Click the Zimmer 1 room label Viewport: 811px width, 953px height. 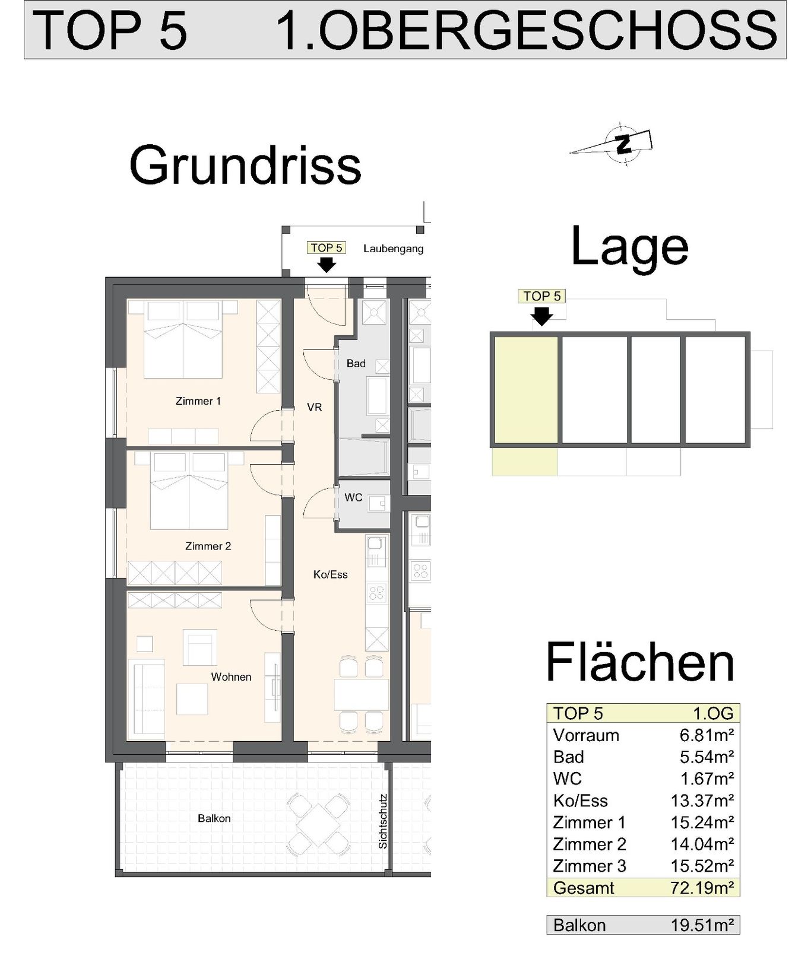(198, 401)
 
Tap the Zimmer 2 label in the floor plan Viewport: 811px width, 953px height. (208, 546)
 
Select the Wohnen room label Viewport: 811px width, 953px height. (231, 676)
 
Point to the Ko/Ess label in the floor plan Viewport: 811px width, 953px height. (330, 574)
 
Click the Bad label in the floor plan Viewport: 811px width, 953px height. (356, 363)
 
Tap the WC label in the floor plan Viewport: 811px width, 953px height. (353, 497)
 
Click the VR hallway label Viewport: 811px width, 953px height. (315, 407)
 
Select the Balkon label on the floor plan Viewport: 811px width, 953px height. (214, 818)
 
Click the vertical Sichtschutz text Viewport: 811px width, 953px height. (383, 821)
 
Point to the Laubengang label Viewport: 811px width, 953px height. (393, 249)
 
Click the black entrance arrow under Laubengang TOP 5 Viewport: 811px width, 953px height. (327, 265)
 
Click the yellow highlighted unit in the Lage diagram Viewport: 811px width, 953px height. (526, 390)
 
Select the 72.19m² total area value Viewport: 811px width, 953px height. (702, 888)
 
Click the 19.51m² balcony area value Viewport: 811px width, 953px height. (702, 925)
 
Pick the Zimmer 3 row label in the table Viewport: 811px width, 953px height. (589, 866)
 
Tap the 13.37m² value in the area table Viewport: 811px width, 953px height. (702, 800)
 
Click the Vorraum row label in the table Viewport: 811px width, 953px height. (586, 735)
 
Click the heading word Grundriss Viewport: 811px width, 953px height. (245, 166)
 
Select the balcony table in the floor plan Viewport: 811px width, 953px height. (318, 821)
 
